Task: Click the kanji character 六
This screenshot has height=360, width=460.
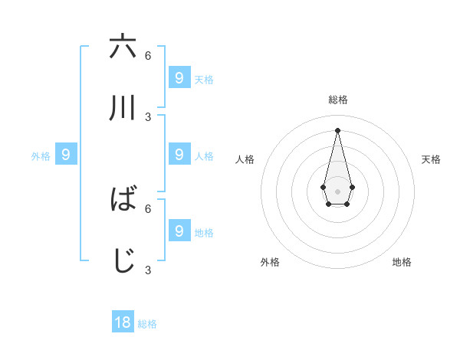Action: (x=123, y=47)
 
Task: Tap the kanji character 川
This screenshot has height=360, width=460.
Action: (x=123, y=109)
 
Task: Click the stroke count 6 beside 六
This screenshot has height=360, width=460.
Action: (x=148, y=56)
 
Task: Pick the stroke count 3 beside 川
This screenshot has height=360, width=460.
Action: (x=148, y=117)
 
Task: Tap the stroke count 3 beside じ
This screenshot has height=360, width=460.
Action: (x=148, y=270)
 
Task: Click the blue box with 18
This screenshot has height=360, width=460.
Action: (x=123, y=322)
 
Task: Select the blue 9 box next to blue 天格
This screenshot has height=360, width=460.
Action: (x=179, y=77)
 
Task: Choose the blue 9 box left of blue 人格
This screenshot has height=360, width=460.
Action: (x=179, y=155)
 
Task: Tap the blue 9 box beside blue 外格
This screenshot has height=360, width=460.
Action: (x=66, y=155)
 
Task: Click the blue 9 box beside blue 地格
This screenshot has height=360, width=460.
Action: (x=179, y=231)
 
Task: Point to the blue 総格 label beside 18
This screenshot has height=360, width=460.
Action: (x=147, y=324)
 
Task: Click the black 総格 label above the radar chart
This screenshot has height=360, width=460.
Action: (x=338, y=100)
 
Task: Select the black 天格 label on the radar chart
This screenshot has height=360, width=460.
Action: (x=432, y=159)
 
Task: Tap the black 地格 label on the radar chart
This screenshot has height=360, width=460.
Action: (x=402, y=262)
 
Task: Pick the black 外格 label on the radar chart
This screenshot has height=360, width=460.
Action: (x=270, y=262)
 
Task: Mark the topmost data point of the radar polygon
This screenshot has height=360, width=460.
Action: (x=337, y=129)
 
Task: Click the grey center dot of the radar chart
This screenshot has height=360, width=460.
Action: (x=337, y=191)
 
